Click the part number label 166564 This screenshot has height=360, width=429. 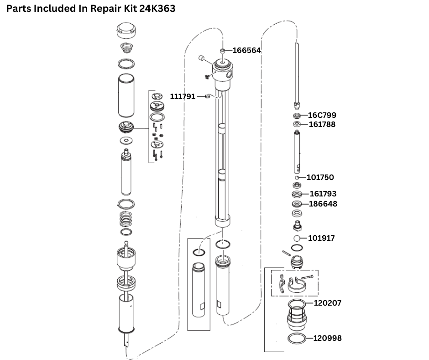click(x=246, y=51)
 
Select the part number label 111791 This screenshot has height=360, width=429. click(x=183, y=97)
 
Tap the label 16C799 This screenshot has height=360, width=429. click(x=322, y=115)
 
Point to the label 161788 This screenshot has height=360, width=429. click(x=322, y=124)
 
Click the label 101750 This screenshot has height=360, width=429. click(x=320, y=177)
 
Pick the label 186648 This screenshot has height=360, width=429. click(x=323, y=204)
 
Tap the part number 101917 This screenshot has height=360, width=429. click(x=321, y=238)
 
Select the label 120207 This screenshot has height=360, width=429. click(x=327, y=303)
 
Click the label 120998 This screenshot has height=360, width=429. click(x=327, y=339)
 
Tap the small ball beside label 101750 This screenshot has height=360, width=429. click(x=296, y=177)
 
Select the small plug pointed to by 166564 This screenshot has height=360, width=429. click(x=223, y=51)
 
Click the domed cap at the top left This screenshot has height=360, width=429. click(x=126, y=32)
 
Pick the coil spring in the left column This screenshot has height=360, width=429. click(x=126, y=218)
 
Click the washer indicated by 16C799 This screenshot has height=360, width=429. click(x=297, y=116)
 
